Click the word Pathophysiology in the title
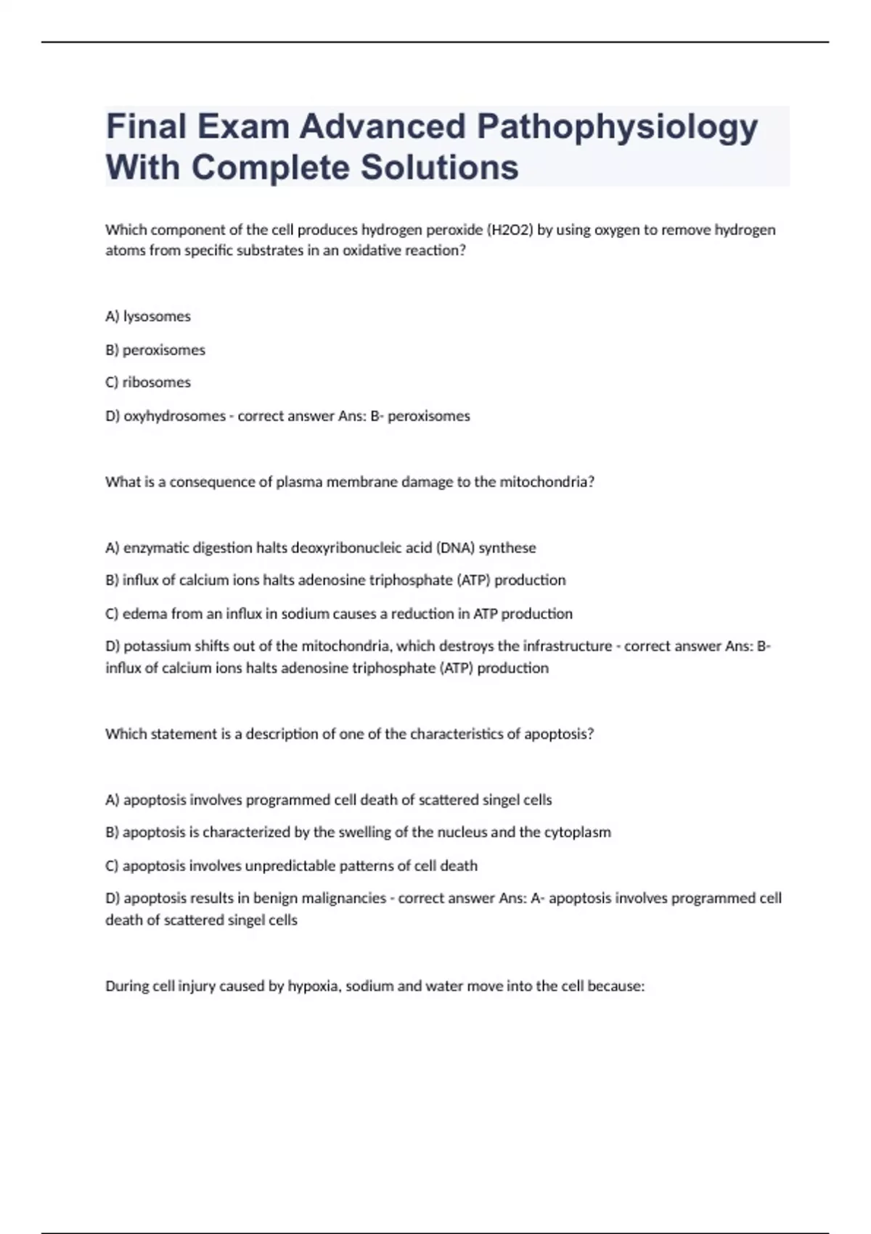617,127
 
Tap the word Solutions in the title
439,168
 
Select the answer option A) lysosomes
148,316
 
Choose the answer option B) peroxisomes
155,350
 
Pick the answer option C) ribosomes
148,383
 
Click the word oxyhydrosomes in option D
174,416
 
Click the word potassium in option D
156,646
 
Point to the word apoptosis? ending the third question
559,734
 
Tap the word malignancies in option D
343,899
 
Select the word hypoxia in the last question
314,986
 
